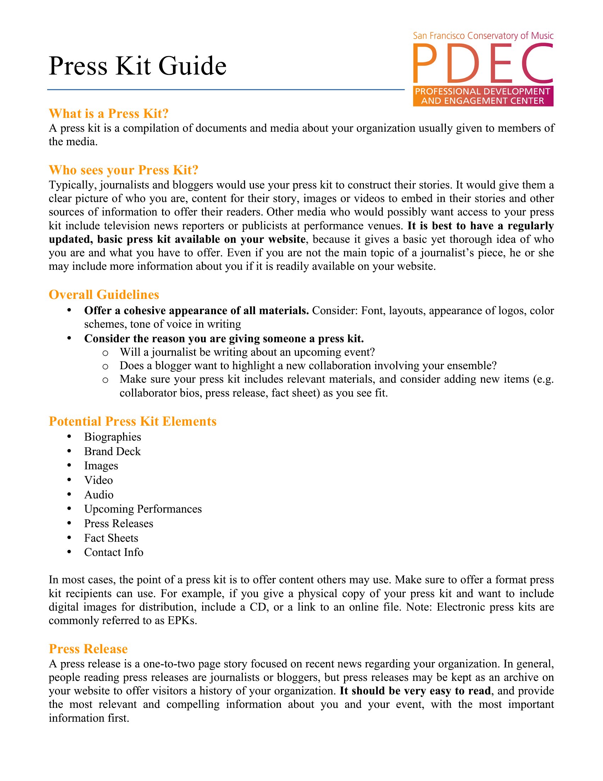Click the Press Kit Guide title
click(x=138, y=66)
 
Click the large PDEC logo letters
click(x=483, y=63)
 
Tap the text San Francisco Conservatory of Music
click(x=483, y=36)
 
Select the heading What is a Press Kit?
click(x=109, y=114)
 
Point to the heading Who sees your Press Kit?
click(x=123, y=170)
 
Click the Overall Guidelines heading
click(x=104, y=295)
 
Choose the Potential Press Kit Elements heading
click(x=133, y=421)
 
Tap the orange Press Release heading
click(x=88, y=649)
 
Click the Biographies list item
click(x=112, y=437)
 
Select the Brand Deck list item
click(x=112, y=451)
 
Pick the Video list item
click(x=99, y=480)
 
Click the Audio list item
click(x=99, y=495)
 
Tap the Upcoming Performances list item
click(x=143, y=509)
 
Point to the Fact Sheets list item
click(x=111, y=538)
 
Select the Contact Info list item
click(x=114, y=552)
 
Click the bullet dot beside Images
click(x=69, y=465)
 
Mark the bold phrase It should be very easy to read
click(x=415, y=691)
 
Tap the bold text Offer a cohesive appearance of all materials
click(x=197, y=311)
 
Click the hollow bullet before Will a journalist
click(x=105, y=353)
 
